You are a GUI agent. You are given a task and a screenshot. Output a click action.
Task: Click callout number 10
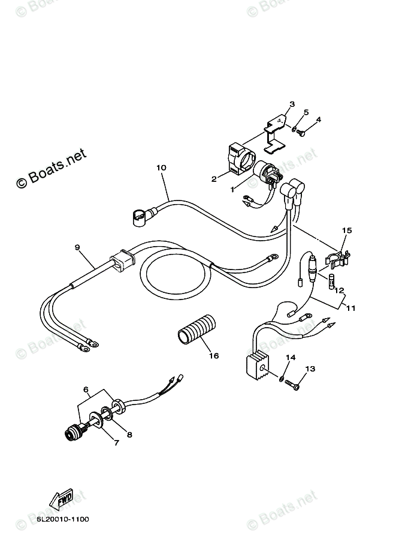click(161, 168)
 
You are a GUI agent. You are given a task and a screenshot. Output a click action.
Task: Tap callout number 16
click(214, 355)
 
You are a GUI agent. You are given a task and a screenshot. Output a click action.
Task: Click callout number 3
click(292, 104)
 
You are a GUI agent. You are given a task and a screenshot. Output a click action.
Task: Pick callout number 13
click(310, 369)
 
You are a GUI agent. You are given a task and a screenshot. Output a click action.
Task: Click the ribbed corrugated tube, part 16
click(195, 330)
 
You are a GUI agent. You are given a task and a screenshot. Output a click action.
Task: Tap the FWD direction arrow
click(62, 498)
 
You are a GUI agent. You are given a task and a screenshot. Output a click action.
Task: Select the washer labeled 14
click(281, 378)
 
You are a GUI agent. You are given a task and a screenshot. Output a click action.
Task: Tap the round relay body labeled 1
click(263, 173)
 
